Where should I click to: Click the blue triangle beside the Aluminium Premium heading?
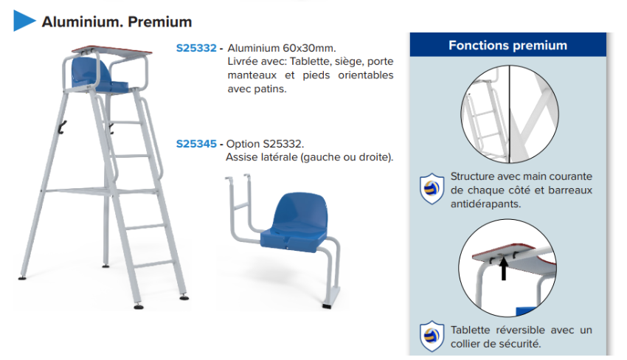23,21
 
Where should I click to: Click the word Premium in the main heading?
160,21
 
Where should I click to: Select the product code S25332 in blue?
196,48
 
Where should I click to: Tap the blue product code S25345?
196,144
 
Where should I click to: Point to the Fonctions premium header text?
508,45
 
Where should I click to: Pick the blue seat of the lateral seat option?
296,224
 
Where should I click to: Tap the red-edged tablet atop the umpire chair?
112,51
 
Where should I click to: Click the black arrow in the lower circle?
504,269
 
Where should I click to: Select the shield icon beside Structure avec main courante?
432,189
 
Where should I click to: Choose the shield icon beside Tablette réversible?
432,336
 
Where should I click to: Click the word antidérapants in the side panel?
485,204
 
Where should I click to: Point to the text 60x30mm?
309,48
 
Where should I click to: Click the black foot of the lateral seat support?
327,306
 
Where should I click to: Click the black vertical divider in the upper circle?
510,114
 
